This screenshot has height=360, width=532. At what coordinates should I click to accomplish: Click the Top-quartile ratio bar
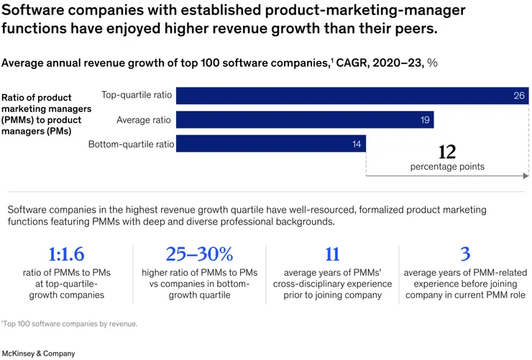click(x=352, y=96)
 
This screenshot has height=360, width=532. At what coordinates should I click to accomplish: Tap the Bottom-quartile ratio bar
click(x=270, y=144)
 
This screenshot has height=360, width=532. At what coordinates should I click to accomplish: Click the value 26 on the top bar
click(x=519, y=96)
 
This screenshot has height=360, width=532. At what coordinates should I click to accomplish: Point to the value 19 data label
click(x=425, y=120)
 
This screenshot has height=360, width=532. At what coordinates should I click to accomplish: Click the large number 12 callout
click(x=447, y=152)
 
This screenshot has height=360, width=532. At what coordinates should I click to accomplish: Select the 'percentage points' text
click(x=447, y=167)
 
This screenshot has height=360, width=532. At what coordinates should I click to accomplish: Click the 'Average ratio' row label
click(x=145, y=120)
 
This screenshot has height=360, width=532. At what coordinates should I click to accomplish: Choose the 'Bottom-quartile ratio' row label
click(x=131, y=144)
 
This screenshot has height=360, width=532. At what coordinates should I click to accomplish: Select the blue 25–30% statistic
click(x=199, y=254)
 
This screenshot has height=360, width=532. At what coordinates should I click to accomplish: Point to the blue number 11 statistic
click(x=331, y=254)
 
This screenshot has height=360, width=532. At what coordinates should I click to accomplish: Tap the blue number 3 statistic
click(x=464, y=254)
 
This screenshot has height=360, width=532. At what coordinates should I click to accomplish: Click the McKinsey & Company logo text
click(x=38, y=354)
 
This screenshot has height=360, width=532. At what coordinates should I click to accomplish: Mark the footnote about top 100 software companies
click(x=69, y=324)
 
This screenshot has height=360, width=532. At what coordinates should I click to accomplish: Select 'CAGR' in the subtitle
click(x=357, y=63)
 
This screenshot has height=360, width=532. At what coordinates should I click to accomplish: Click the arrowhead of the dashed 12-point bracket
click(x=527, y=175)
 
